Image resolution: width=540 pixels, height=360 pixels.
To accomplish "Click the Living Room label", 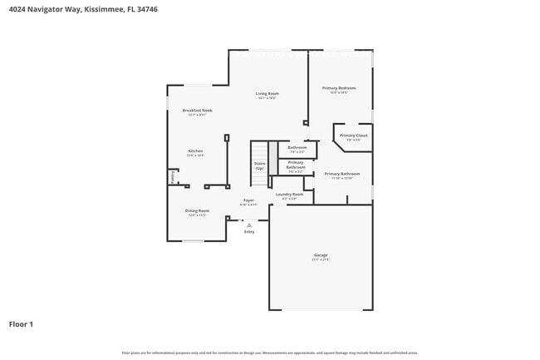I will tap(267, 94).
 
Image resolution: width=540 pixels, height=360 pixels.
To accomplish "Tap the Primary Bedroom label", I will tap(339, 88).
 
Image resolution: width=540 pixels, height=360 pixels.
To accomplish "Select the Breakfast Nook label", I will tap(198, 111).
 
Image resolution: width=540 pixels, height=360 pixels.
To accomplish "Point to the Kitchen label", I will tap(195, 151).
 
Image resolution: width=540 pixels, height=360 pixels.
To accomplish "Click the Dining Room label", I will tap(197, 211).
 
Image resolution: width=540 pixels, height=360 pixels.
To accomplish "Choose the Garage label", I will tap(321, 255).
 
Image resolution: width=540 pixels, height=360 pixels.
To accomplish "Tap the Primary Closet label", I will tap(354, 136).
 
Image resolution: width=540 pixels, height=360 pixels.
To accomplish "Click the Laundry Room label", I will tap(290, 195).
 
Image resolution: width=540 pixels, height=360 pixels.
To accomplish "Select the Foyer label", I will tap(248, 200).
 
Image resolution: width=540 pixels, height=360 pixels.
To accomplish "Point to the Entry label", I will tap(249, 232).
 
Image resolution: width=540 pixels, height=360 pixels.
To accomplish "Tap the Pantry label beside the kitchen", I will tap(172, 177).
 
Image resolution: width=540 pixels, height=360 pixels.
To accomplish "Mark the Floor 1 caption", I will tap(21, 323).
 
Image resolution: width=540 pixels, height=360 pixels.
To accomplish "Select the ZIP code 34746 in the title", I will tap(149, 9).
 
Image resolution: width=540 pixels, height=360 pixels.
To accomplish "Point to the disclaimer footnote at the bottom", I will tap(270, 353).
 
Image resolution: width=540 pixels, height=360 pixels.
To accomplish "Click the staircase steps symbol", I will tap(272, 158).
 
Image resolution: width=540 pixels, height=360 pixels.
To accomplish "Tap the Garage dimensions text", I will tap(321, 260).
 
